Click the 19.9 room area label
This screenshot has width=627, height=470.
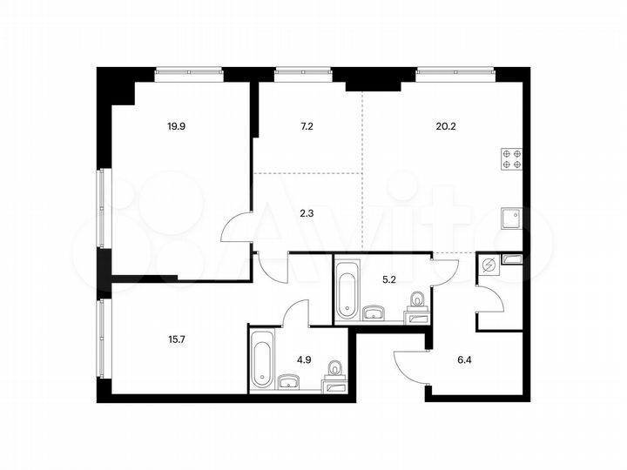(x=176, y=126)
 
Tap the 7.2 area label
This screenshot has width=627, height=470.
(x=307, y=126)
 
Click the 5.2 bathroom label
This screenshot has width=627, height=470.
(x=390, y=280)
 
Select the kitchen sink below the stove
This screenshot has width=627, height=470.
(x=511, y=217)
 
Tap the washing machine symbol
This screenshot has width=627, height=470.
(x=489, y=266)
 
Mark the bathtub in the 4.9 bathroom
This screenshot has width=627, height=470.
(x=262, y=362)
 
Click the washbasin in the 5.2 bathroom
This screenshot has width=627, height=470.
(x=376, y=311)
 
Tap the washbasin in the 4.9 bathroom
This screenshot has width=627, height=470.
(x=289, y=381)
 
